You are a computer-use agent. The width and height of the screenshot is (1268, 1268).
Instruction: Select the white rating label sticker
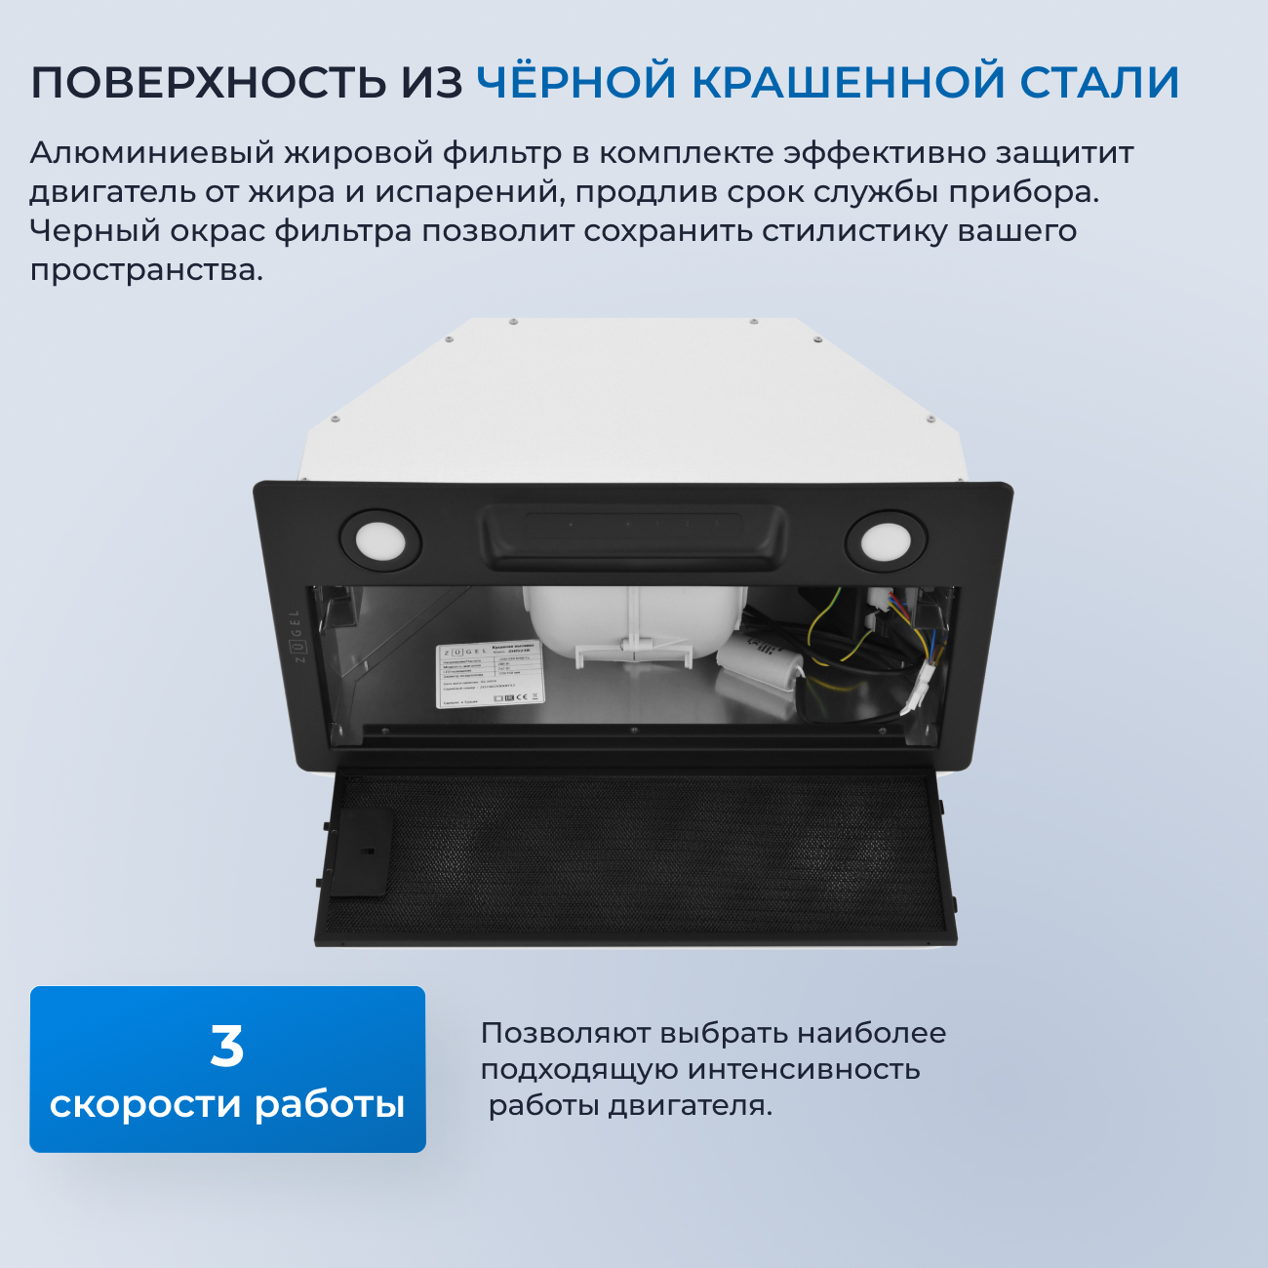point(488,674)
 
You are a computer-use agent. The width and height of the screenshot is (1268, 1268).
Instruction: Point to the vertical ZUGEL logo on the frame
point(297,636)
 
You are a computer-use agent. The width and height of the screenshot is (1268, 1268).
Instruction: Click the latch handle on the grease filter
point(361,852)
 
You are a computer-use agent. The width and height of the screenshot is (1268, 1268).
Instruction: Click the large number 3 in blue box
point(227,1046)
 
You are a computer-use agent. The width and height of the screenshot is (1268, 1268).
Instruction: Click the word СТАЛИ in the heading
point(1099,82)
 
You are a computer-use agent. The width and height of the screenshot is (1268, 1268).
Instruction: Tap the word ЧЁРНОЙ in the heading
point(576,82)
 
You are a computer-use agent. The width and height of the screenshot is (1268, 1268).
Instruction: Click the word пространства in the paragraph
point(146,270)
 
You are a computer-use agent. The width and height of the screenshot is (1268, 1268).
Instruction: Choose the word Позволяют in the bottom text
point(565,1033)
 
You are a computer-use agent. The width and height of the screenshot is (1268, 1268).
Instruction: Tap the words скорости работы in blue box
point(227,1105)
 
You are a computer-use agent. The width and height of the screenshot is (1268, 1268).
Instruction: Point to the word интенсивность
point(803,1069)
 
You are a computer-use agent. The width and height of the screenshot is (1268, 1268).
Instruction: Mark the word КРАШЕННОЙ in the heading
point(849,82)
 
